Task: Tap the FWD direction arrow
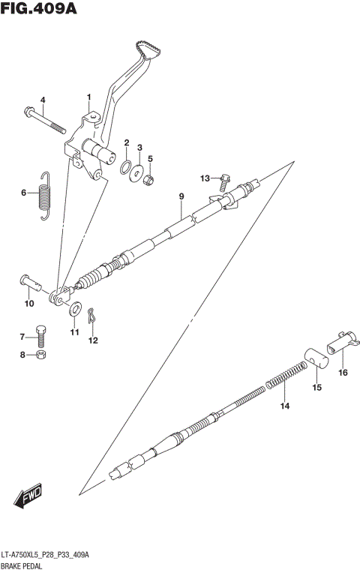click(x=29, y=496)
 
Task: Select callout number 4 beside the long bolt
click(x=43, y=100)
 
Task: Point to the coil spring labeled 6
click(x=45, y=196)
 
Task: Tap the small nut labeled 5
click(x=151, y=179)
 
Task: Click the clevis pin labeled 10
click(x=30, y=282)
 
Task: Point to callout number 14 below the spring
click(x=284, y=406)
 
